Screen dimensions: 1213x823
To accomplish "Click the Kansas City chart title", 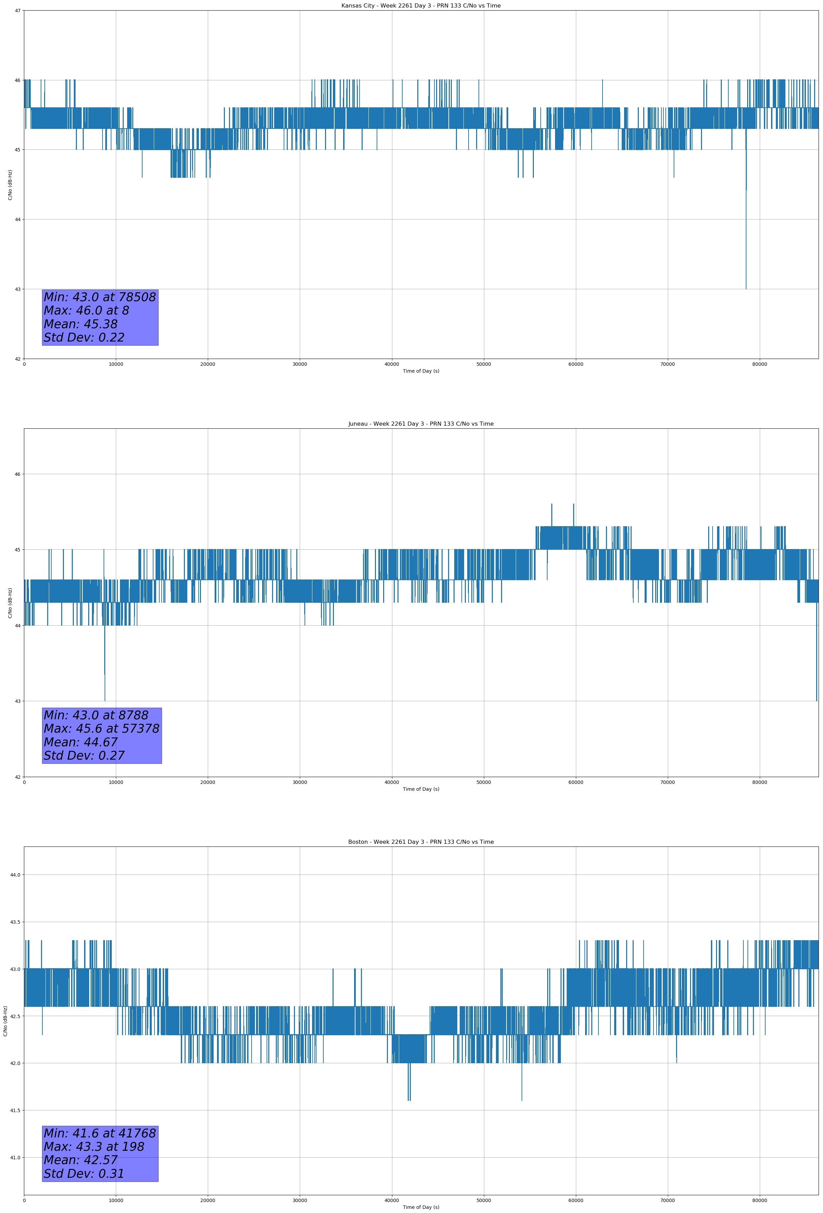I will coord(421,6).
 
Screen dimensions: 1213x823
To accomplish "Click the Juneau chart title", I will coord(421,424).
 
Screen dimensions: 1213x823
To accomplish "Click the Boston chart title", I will coord(421,842).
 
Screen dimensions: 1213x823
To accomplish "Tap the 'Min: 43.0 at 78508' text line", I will coord(100,297).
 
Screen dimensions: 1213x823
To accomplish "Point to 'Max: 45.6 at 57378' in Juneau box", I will coord(101,729).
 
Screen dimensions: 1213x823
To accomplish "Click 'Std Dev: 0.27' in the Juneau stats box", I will coord(84,756).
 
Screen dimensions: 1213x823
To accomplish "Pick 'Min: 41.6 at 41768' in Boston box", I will coord(100,1133).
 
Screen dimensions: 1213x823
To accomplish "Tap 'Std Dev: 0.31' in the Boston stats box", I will coord(84,1174).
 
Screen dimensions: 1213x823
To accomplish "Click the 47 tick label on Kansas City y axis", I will coord(18,11).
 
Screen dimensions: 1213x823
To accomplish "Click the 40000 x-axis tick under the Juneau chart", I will coord(391,782).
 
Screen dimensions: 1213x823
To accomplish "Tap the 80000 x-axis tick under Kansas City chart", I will coord(759,364).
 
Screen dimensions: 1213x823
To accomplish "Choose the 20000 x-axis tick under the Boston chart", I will coord(208,1200).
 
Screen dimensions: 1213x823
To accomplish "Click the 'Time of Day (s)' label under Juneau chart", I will coord(421,789).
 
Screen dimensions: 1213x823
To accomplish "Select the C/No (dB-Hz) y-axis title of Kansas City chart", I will coord(10,185).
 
